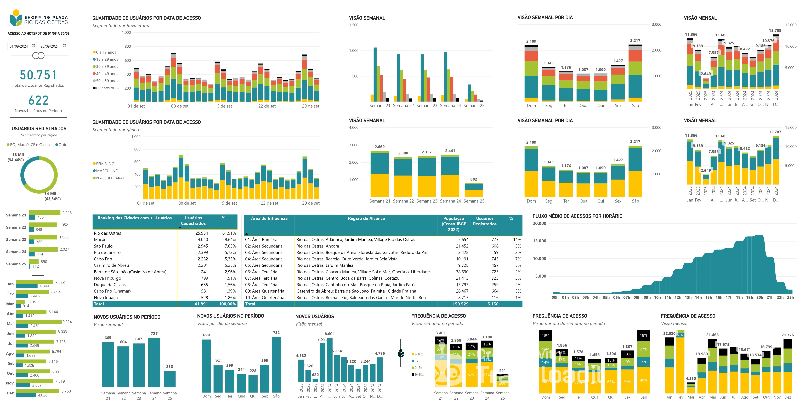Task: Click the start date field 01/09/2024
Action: [19, 46]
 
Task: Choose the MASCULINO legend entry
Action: [107, 171]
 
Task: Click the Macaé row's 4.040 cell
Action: [202, 239]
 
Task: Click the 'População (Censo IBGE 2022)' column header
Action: [453, 224]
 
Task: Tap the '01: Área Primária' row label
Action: [261, 239]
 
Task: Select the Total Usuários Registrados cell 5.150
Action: [493, 304]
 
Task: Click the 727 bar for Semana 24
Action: [154, 363]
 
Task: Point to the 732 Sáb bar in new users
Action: [276, 364]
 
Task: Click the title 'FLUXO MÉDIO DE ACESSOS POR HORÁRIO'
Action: [577, 216]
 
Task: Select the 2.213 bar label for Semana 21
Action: [67, 213]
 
